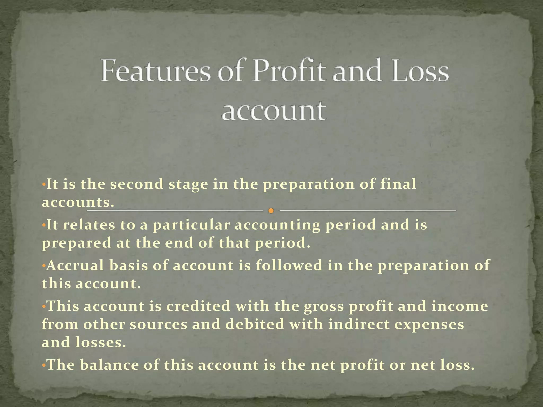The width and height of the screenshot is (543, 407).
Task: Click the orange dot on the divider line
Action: tap(271, 211)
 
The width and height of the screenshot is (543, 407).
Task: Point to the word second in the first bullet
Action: tap(137, 184)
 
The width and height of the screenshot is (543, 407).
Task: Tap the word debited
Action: tap(255, 324)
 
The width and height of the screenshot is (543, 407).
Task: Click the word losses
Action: tap(101, 342)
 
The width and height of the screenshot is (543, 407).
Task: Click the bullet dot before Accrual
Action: tap(44, 266)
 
